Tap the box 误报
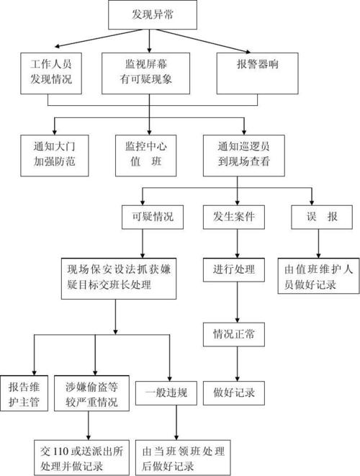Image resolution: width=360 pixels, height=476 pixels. click(313, 216)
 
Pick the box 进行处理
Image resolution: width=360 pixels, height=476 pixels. click(234, 271)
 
